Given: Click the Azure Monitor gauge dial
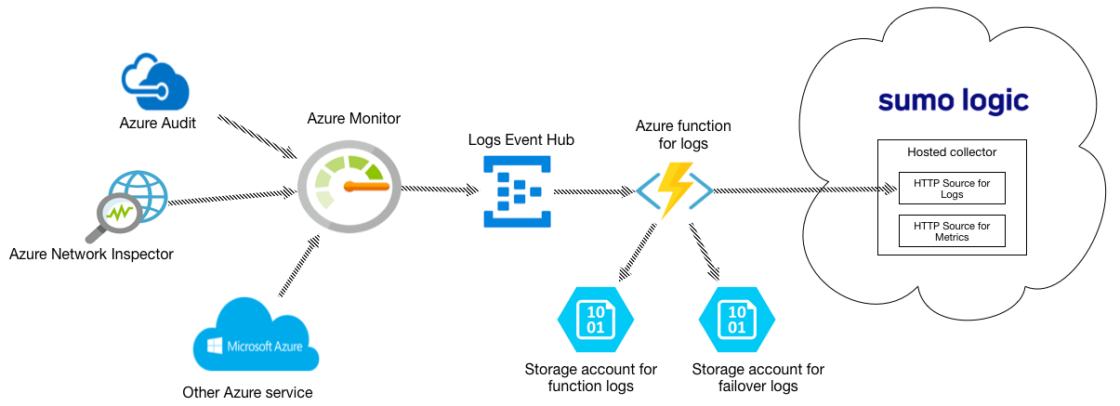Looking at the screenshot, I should [x=348, y=185].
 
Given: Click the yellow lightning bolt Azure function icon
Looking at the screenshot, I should [x=675, y=190].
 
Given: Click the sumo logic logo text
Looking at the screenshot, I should [x=953, y=101].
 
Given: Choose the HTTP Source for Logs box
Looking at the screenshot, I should [x=952, y=189].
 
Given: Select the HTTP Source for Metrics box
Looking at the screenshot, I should [x=952, y=231].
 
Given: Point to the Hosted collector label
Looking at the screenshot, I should [x=952, y=151].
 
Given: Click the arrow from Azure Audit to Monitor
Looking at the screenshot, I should [x=257, y=136].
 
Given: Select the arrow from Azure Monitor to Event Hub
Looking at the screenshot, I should [x=439, y=189].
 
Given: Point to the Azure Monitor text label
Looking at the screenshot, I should [x=354, y=119].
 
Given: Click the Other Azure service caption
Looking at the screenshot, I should [x=247, y=392].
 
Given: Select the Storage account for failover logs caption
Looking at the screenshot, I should [x=758, y=377].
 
